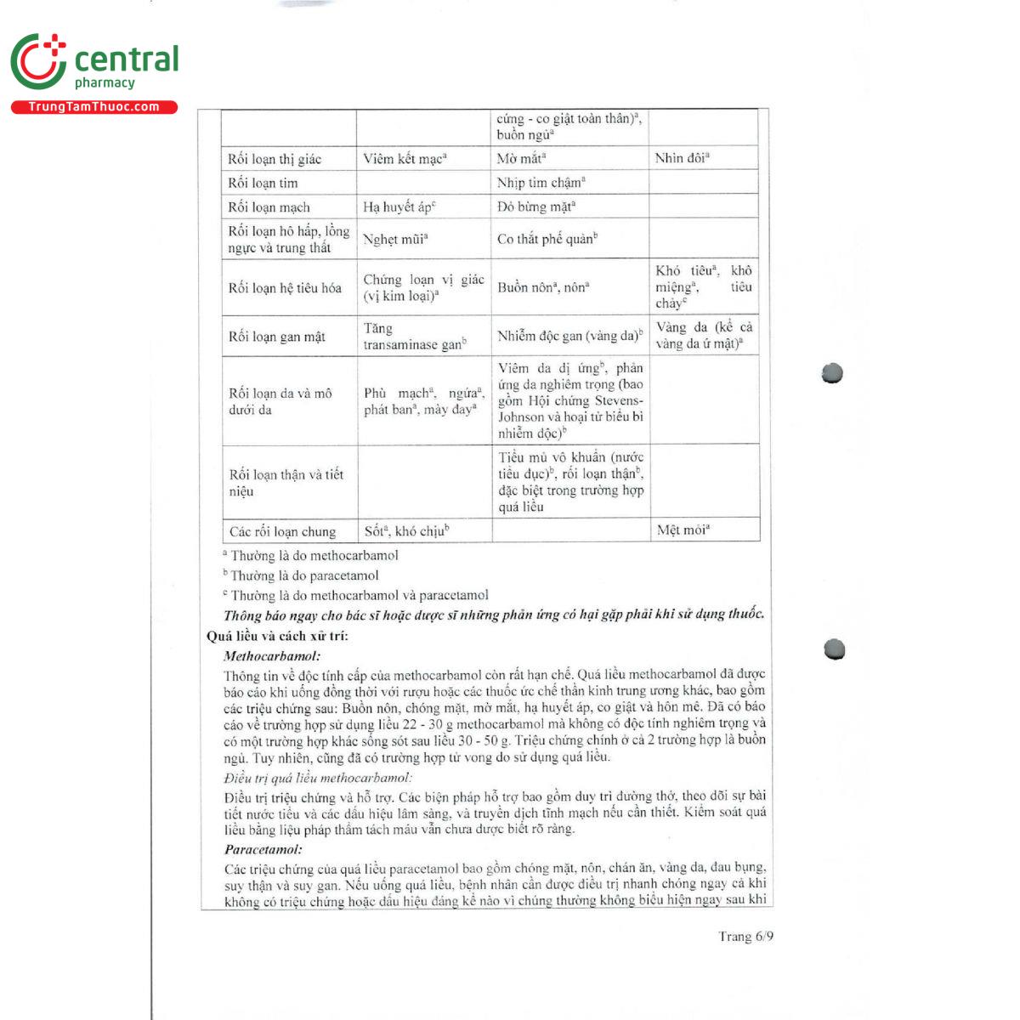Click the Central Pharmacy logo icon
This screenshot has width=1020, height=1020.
click(38, 61)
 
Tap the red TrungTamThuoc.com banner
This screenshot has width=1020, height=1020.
click(93, 107)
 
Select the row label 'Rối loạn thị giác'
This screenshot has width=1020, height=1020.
click(275, 159)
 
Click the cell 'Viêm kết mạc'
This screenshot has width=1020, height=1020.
click(405, 159)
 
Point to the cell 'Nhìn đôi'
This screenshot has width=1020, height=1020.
click(682, 158)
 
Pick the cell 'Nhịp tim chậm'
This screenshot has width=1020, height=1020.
click(541, 183)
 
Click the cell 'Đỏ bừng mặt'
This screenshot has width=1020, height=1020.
click(535, 207)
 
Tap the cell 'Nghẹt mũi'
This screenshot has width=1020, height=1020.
click(395, 240)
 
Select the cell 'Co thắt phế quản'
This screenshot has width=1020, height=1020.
click(547, 239)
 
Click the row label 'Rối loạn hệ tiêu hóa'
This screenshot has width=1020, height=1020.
click(285, 288)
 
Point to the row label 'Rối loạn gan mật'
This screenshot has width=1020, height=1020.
click(277, 337)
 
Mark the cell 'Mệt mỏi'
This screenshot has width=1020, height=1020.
click(683, 530)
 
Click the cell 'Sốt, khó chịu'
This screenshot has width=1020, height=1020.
click(406, 531)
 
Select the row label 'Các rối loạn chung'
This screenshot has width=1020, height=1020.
click(282, 532)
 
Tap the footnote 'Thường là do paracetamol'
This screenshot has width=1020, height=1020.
click(303, 575)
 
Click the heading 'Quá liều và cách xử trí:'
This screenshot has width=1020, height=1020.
click(277, 636)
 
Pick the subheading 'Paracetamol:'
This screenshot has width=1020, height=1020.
click(263, 849)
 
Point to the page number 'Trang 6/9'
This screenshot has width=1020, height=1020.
click(745, 937)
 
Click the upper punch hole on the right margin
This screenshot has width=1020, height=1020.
click(832, 373)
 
